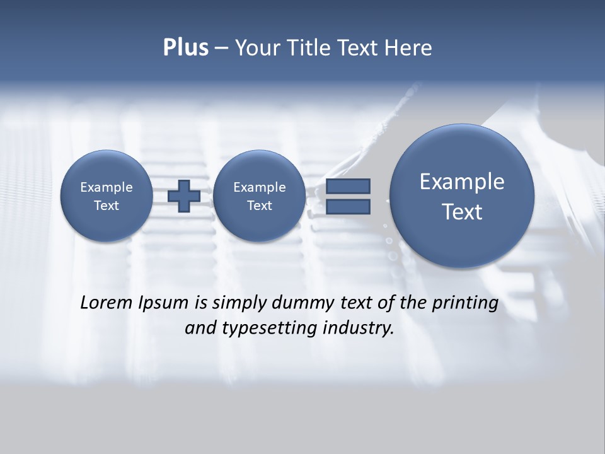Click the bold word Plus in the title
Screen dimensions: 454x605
pyautogui.click(x=185, y=48)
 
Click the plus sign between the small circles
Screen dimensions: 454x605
pyautogui.click(x=184, y=195)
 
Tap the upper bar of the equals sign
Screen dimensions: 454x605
pyautogui.click(x=348, y=186)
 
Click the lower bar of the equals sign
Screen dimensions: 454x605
pyautogui.click(x=348, y=207)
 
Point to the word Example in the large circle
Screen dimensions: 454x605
pyautogui.click(x=462, y=182)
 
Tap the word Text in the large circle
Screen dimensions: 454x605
pyautogui.click(x=462, y=212)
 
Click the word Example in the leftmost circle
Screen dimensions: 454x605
pyautogui.click(x=107, y=187)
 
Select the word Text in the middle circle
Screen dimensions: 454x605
pyautogui.click(x=259, y=206)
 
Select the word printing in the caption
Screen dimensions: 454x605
pyautogui.click(x=465, y=303)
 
